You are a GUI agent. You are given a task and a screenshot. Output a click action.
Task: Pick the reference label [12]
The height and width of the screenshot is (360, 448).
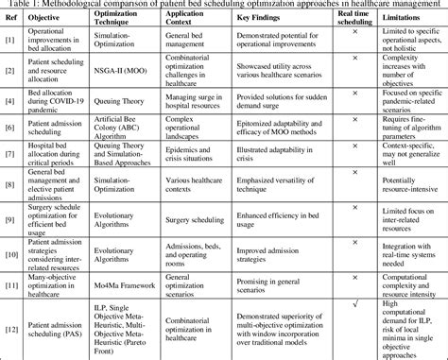click(x=9, y=329)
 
